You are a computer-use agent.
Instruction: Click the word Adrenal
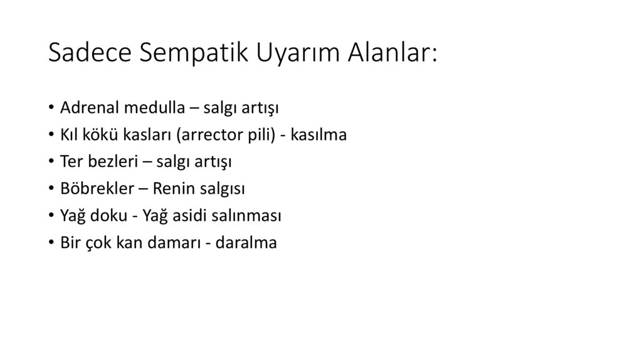86,107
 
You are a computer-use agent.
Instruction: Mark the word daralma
246,243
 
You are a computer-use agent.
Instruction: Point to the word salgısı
223,189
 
